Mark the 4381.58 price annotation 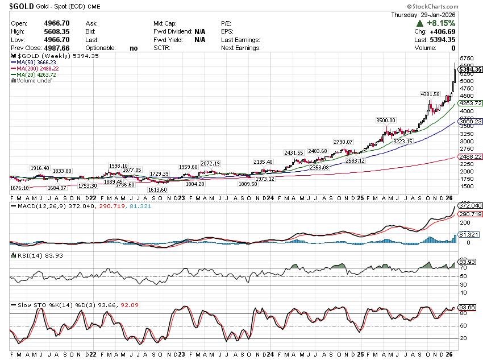430,93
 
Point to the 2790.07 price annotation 343,142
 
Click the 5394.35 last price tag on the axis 470,69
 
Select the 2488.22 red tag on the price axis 470,156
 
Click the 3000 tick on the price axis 466,141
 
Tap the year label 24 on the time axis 269,198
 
